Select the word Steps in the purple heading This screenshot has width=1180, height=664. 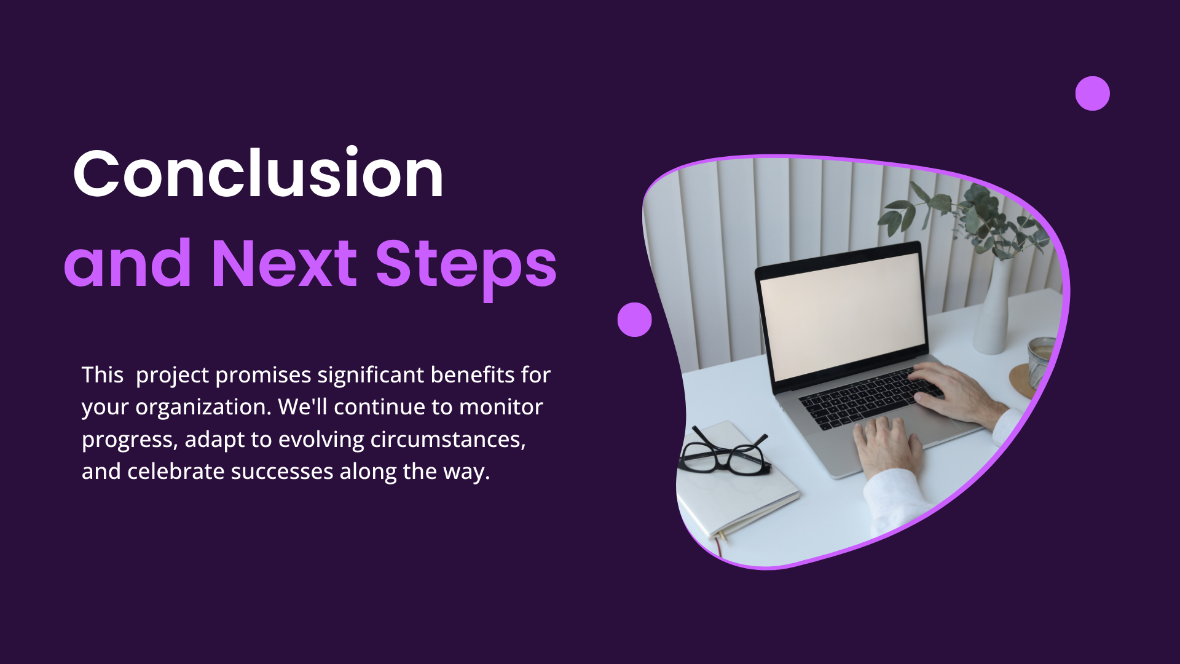[x=466, y=269]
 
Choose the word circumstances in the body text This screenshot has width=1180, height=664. [x=448, y=440]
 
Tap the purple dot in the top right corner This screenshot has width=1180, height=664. [x=1092, y=93]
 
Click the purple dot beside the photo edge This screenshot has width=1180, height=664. [x=634, y=320]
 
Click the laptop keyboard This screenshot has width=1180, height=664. [x=870, y=397]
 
